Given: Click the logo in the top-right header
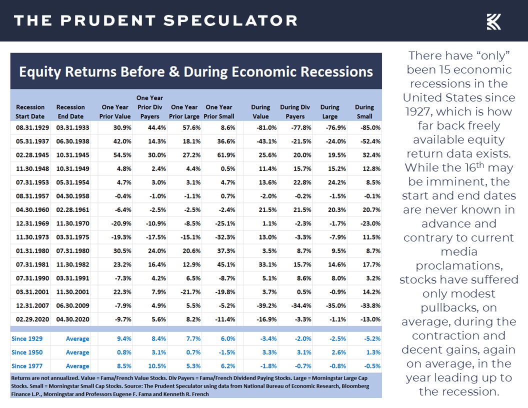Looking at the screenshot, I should coord(493,21).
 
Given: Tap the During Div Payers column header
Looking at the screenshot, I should coord(295,111).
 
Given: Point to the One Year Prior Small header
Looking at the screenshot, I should coord(218,111).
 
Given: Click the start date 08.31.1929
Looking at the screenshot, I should coord(30,127).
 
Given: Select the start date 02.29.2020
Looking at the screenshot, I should coord(30,319).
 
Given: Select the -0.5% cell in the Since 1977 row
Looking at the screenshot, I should coord(370,366).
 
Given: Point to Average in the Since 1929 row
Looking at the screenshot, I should coord(77,338).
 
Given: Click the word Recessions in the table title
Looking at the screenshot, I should coord(336,71).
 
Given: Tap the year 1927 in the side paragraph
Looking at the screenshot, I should coord(422,111).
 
